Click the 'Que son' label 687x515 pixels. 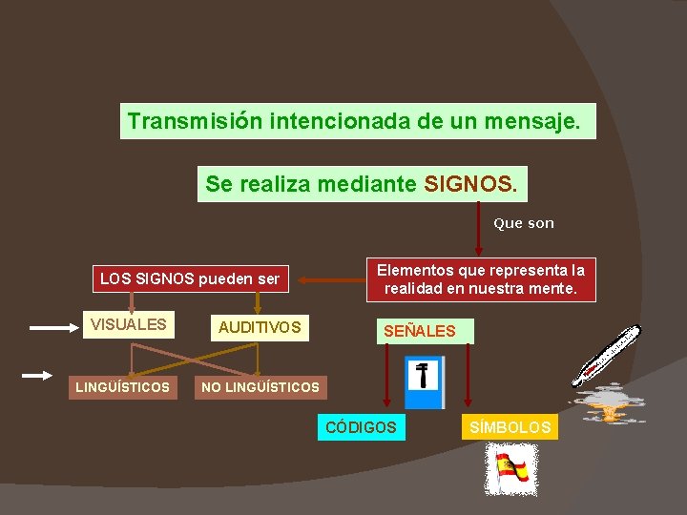point(523,223)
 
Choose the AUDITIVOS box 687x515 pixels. point(260,328)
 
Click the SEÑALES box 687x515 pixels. point(420,331)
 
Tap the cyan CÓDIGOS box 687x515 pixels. point(361,427)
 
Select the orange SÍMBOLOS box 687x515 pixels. point(510,427)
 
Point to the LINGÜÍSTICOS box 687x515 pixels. point(123,387)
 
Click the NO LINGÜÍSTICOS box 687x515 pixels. point(260,387)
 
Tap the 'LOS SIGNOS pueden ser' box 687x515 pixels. point(190,279)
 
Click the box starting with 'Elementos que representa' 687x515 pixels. point(481,279)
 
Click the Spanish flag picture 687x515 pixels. point(511,470)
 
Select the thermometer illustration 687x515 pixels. point(606,355)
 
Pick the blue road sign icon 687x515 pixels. point(424,382)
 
